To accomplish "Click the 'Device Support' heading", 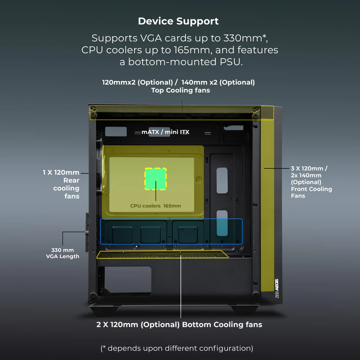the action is pos(178,21).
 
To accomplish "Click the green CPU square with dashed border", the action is pos(156,179).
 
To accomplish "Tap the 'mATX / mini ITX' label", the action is pos(165,132).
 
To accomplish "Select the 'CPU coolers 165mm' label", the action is pos(155,206).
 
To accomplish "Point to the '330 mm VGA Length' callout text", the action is pos(63,253).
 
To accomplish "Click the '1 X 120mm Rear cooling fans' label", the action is pos(61,184).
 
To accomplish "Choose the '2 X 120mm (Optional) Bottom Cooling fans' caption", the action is pos(179,324).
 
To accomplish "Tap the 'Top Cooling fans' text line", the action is pos(180,90).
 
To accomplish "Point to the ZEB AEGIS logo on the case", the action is pos(277,288).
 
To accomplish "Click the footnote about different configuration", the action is pos(177,348).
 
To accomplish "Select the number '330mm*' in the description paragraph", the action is pos(245,38).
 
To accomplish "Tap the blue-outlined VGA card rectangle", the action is pos(171,231).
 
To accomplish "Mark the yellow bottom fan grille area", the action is pos(162,254).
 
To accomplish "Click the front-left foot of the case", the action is pos(104,310).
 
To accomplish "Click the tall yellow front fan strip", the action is pos(267,199).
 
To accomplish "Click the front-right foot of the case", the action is pos(244,310).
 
